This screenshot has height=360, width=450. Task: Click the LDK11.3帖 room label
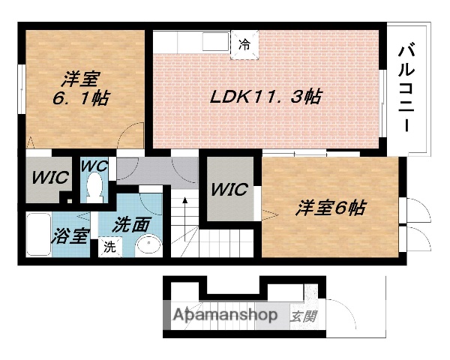tap(266, 97)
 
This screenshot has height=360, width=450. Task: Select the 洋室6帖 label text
tap(329, 208)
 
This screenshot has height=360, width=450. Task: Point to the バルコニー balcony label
tap(409, 88)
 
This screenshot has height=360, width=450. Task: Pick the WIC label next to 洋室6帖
tap(229, 190)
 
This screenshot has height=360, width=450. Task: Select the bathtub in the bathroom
tap(37, 235)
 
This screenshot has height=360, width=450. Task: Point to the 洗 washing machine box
tap(109, 245)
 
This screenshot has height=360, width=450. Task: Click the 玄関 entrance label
tap(302, 316)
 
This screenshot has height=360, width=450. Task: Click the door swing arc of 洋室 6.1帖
tap(132, 135)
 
